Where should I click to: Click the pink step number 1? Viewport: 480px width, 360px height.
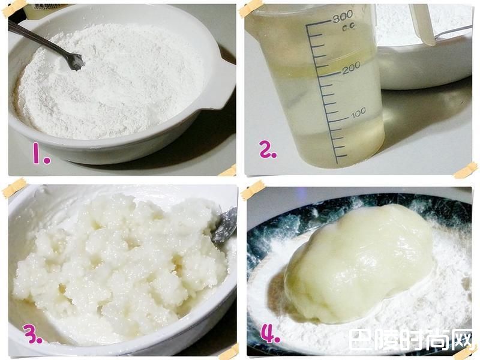pos(41,155)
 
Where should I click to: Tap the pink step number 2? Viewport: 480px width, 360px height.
pos(268,149)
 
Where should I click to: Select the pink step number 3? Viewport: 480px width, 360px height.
pos(32,334)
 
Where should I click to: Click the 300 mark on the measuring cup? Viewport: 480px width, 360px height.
pos(343,17)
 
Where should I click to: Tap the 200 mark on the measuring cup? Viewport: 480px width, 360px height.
pos(352,68)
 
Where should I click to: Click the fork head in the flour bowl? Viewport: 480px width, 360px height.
pos(75,61)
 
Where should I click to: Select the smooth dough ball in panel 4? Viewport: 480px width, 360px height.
pos(359,264)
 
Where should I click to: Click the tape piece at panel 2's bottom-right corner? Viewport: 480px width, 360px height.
pos(466,170)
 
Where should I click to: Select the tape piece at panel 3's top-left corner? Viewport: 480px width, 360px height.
pos(14,187)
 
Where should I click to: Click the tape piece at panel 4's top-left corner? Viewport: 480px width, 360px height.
pos(253,190)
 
